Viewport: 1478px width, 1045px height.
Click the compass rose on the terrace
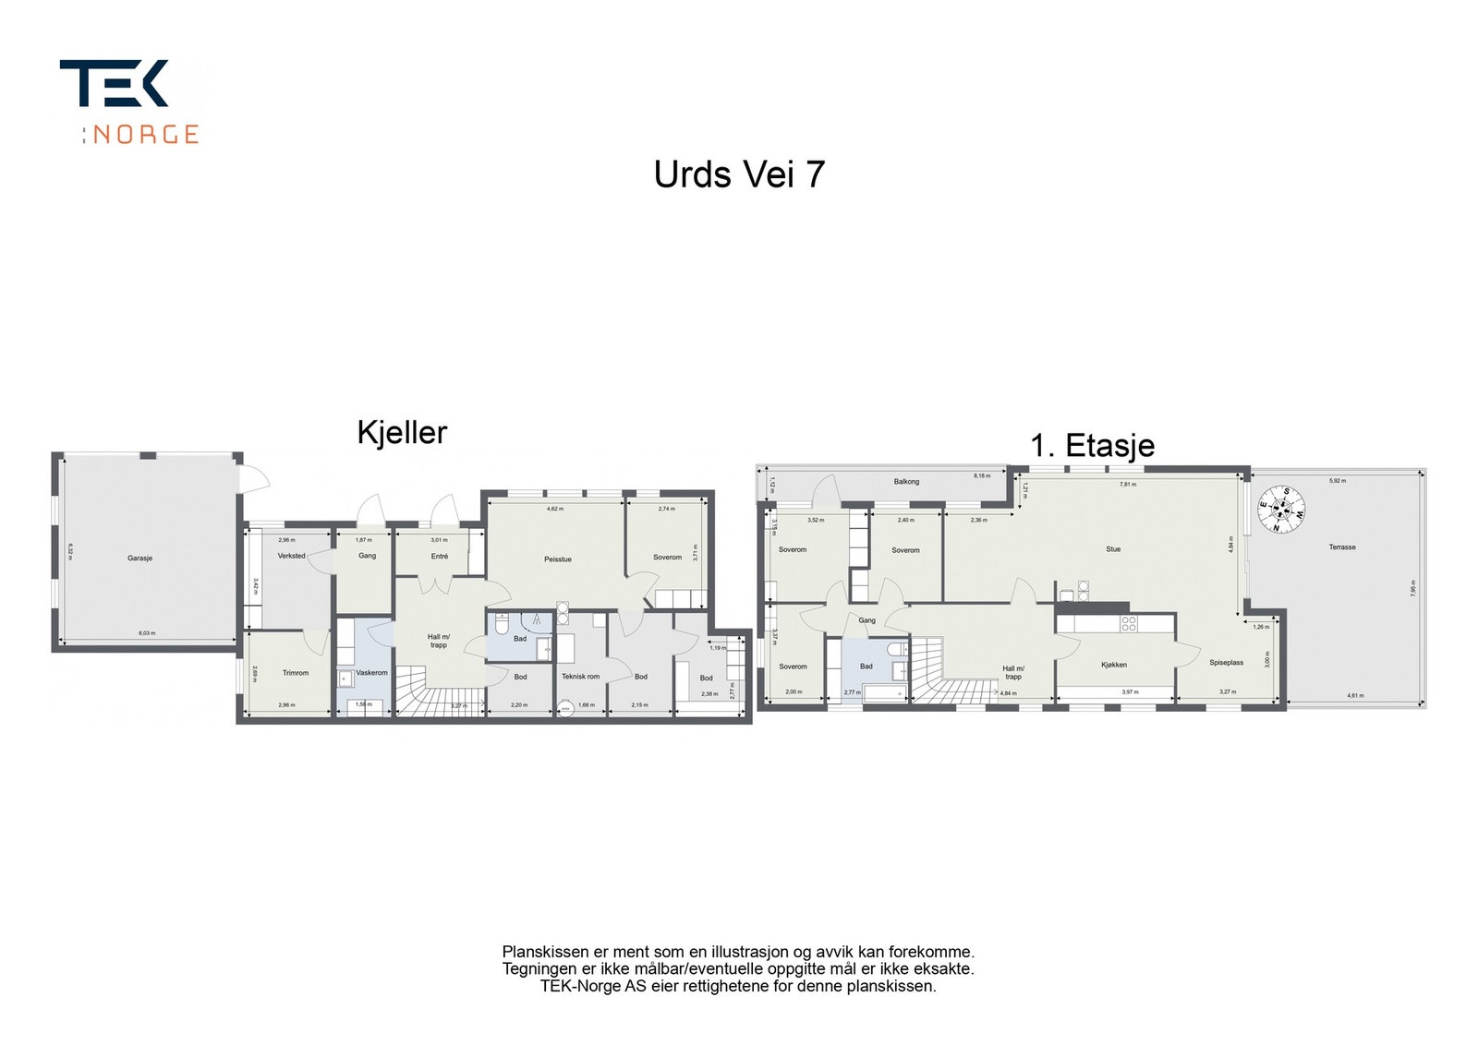tap(1281, 510)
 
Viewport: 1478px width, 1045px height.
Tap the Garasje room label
tap(139, 559)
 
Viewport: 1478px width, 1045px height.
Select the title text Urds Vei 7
tap(739, 174)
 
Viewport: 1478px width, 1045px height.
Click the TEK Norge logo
tap(129, 102)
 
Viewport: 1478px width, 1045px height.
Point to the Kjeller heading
tap(402, 432)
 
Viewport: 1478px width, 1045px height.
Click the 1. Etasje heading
tap(1092, 446)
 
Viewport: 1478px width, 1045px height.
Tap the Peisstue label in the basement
tap(557, 559)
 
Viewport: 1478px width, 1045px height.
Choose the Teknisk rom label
tap(580, 677)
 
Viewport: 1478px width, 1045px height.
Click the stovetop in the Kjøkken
tap(1129, 624)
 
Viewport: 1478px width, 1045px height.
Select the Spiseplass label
tap(1226, 663)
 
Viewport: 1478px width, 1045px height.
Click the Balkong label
tap(906, 482)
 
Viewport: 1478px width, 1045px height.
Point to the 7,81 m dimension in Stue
tap(1128, 484)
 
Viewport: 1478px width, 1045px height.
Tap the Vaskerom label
tap(371, 673)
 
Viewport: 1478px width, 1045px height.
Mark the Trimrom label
tap(296, 673)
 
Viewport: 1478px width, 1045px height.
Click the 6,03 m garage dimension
tap(147, 633)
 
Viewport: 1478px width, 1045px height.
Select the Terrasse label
tap(1342, 547)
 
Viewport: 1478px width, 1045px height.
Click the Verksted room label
tap(291, 556)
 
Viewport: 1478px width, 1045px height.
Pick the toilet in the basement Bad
tap(501, 625)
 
